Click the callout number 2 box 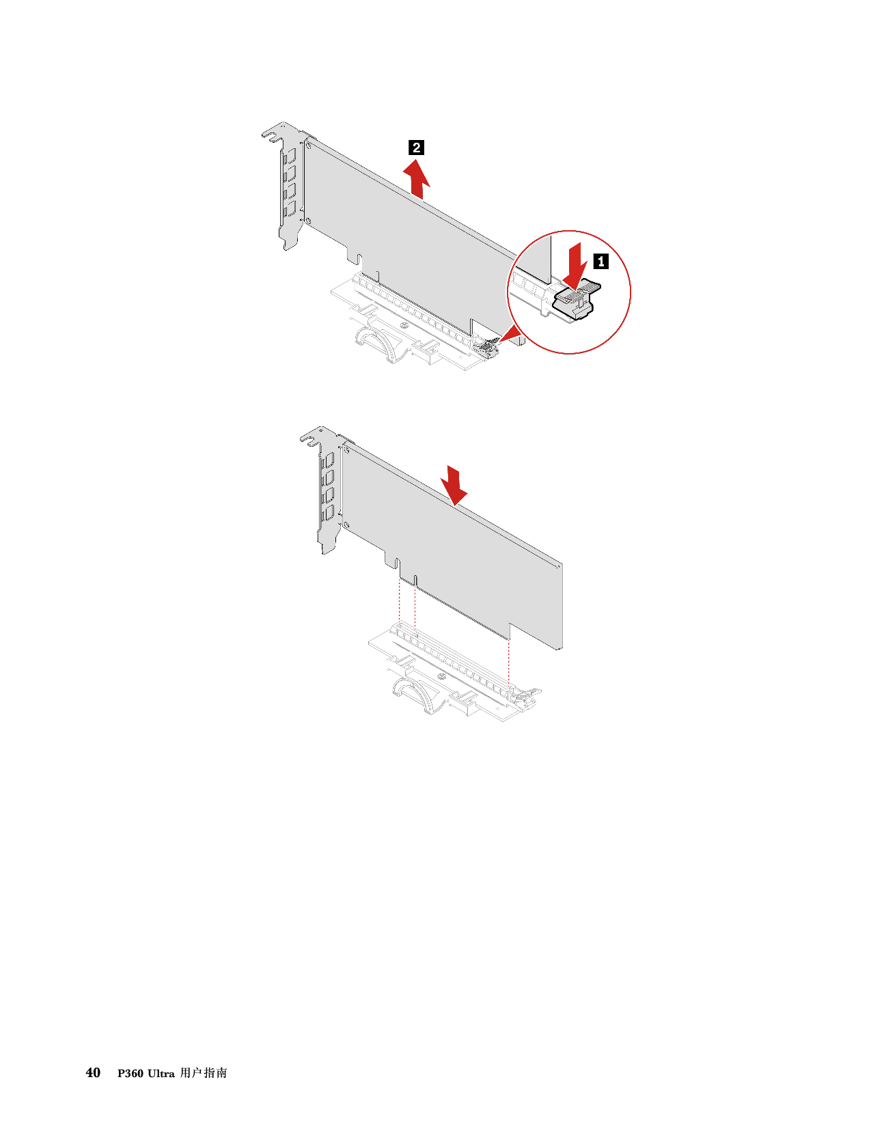click(x=416, y=148)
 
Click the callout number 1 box click(x=600, y=261)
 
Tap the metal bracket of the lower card click(x=322, y=490)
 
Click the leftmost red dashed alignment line click(x=400, y=602)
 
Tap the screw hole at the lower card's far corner click(x=558, y=567)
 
